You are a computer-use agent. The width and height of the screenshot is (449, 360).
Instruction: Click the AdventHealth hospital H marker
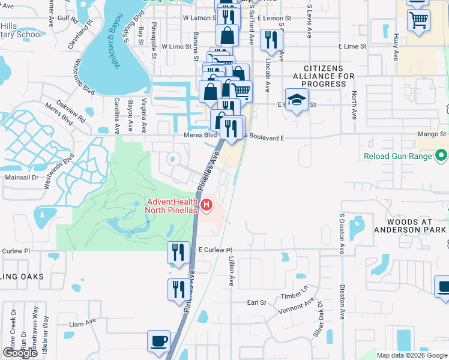click(x=207, y=206)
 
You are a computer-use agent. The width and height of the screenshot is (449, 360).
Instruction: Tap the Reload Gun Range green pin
click(x=442, y=157)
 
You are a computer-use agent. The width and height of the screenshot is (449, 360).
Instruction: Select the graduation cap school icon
click(x=297, y=101)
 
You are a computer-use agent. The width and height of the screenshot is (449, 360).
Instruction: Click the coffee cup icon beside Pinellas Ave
click(x=159, y=341)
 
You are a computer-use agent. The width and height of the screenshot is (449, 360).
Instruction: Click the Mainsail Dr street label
click(x=22, y=178)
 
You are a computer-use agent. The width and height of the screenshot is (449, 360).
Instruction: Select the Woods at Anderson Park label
click(x=409, y=226)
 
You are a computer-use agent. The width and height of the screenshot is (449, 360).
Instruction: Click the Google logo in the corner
click(x=20, y=352)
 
